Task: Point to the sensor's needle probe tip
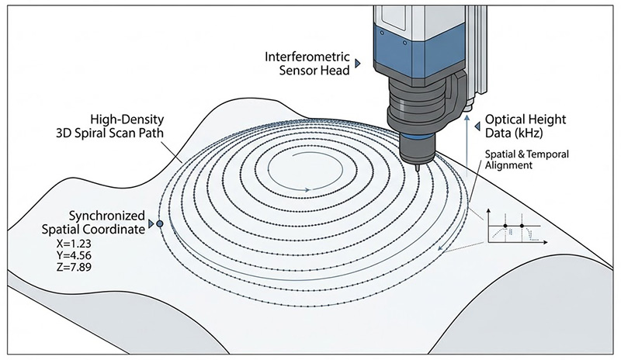click(x=418, y=165)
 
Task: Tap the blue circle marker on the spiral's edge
click(x=160, y=223)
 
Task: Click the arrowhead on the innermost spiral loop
click(x=310, y=189)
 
